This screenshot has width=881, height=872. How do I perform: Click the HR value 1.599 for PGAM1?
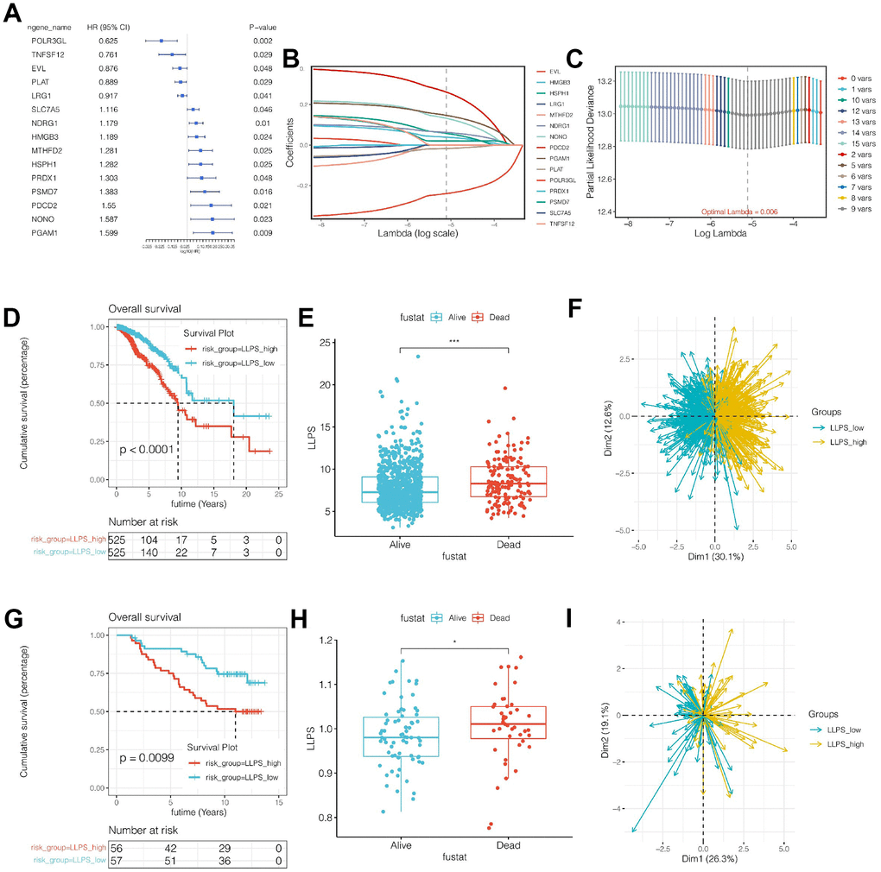[x=106, y=232]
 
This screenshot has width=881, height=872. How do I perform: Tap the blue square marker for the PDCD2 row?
[x=212, y=205]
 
